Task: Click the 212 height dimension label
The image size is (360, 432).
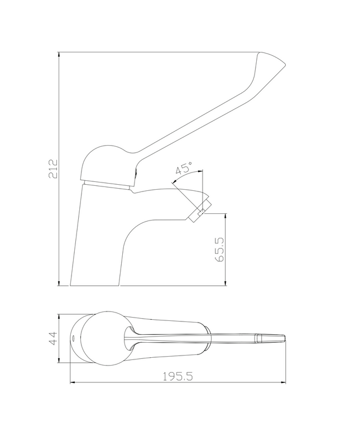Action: coord(53,169)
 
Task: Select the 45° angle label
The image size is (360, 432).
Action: coord(184,168)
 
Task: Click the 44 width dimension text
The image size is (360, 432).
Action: coord(52,338)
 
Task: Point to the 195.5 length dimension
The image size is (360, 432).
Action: coord(177,376)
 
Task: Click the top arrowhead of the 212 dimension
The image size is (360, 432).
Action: coord(59,54)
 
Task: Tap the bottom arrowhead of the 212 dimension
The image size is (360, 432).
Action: coord(59,283)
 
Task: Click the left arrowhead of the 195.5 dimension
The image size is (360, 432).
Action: coord(73,382)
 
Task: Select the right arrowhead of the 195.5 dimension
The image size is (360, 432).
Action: coord(283,382)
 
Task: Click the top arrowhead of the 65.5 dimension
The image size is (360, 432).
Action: coord(225,216)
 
